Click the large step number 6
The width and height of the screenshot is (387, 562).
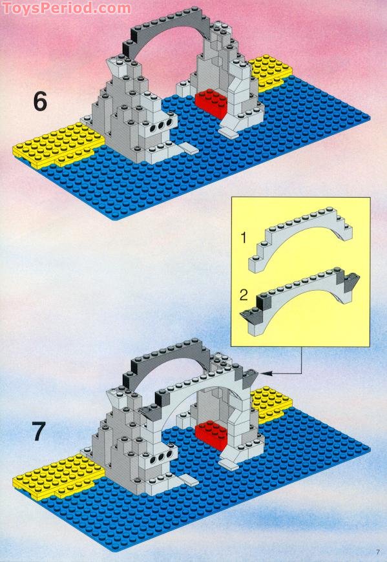pos(40,101)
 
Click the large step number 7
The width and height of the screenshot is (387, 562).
pos(39,432)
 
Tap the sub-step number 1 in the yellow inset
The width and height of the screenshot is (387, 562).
pos(244,238)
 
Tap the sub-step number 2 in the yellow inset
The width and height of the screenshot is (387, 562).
pos(244,295)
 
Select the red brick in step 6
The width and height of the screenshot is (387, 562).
pos(212,103)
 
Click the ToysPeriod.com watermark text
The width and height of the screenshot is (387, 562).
pos(67,8)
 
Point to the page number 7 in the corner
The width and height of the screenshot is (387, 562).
pos(378,552)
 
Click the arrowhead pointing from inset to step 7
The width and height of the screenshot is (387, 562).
pos(265,373)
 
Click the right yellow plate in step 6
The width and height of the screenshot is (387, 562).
pos(271,72)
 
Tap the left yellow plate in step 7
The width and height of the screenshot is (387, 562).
pos(58,476)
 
